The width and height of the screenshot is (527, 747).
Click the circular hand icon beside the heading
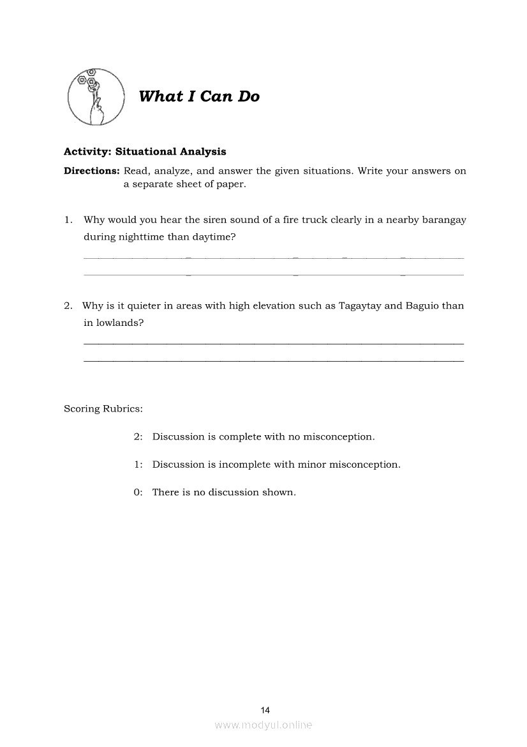pos(96,96)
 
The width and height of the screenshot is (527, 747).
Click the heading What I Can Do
pos(199,96)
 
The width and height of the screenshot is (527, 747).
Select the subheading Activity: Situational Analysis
pos(145,152)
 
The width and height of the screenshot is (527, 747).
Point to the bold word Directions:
pos(92,171)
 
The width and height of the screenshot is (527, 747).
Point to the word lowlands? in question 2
pos(120,323)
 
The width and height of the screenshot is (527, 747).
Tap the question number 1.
pos(68,220)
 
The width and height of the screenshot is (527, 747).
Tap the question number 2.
pos(68,305)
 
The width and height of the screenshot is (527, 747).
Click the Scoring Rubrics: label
pos(103,409)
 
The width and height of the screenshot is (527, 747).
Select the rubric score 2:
pos(138,437)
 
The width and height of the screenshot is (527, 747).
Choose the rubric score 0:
pos(138,493)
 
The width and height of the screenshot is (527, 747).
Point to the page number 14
pos(266,710)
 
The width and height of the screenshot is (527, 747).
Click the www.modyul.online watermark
pos(263,725)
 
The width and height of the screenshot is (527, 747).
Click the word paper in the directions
pos(230,185)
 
